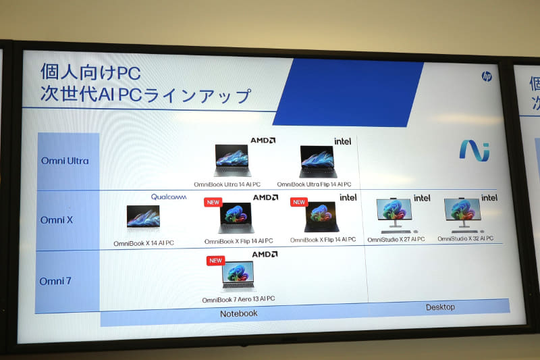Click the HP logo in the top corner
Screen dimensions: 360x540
[487, 76]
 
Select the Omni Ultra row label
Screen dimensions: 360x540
[64, 161]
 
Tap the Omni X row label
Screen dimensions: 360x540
[56, 220]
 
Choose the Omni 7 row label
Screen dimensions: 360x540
[56, 280]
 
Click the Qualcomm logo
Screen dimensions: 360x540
[168, 197]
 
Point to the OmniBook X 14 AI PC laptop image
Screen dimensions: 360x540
[143, 217]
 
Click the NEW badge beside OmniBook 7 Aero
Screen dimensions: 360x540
[215, 260]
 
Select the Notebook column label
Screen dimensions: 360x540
[239, 313]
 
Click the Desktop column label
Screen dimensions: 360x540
[440, 307]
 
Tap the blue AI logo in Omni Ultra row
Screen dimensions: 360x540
[474, 150]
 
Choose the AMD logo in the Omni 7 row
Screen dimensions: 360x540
[265, 255]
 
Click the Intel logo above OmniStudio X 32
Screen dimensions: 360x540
[489, 198]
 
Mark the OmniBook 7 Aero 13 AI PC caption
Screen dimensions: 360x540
[238, 299]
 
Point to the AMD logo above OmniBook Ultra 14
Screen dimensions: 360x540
[263, 140]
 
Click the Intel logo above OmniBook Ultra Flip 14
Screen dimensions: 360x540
[343, 141]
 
